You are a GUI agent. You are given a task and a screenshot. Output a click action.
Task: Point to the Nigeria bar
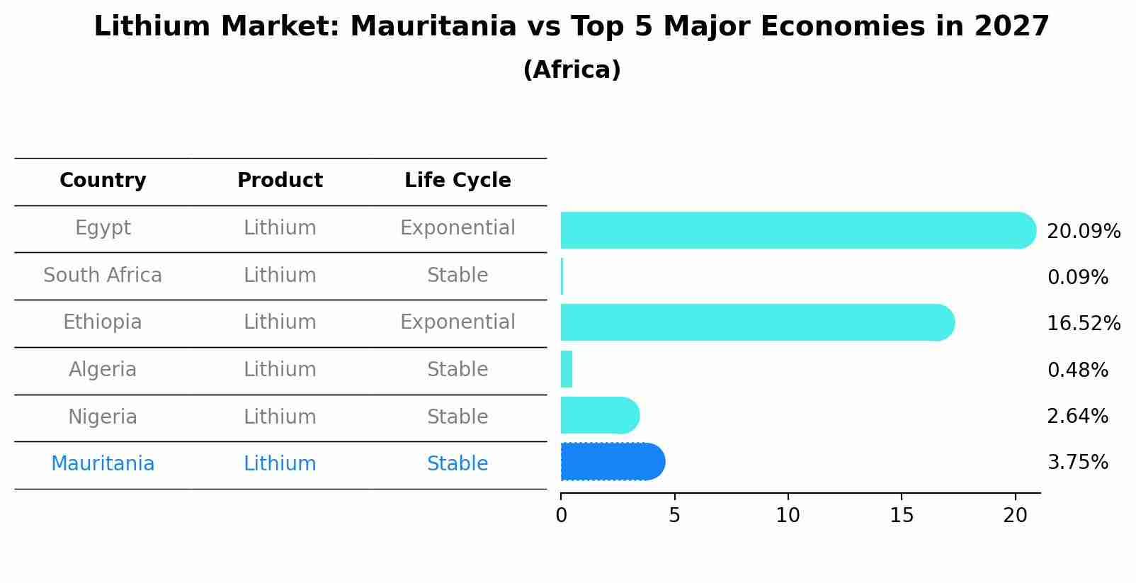pyautogui.click(x=599, y=415)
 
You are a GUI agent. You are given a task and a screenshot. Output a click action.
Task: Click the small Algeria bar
pyautogui.click(x=567, y=369)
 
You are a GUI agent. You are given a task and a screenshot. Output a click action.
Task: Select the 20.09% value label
pyautogui.click(x=1083, y=232)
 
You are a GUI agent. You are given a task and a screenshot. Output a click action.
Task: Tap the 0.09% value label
pyautogui.click(x=1077, y=278)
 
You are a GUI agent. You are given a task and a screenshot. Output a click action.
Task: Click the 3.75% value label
pyautogui.click(x=1077, y=463)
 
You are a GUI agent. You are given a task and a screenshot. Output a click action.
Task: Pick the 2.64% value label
pyautogui.click(x=1077, y=417)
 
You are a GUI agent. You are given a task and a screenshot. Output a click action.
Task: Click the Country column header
pyautogui.click(x=103, y=181)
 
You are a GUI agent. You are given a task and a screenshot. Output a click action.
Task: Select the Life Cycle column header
pyautogui.click(x=458, y=181)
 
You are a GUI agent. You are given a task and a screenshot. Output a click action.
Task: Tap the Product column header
pyautogui.click(x=280, y=181)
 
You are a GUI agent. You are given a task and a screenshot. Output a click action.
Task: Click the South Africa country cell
pyautogui.click(x=103, y=276)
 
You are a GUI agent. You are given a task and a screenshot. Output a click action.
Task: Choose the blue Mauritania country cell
pyautogui.click(x=103, y=464)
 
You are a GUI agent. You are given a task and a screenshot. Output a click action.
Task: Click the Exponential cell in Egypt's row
pyautogui.click(x=458, y=228)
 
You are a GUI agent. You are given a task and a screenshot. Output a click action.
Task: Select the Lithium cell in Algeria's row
pyautogui.click(x=280, y=370)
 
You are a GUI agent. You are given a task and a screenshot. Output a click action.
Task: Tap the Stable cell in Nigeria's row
pyautogui.click(x=458, y=417)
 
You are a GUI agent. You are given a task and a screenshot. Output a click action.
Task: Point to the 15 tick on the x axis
pyautogui.click(x=902, y=515)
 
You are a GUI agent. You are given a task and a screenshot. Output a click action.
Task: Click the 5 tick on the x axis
pyautogui.click(x=674, y=515)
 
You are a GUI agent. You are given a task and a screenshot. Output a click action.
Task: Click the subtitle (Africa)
pyautogui.click(x=572, y=70)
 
